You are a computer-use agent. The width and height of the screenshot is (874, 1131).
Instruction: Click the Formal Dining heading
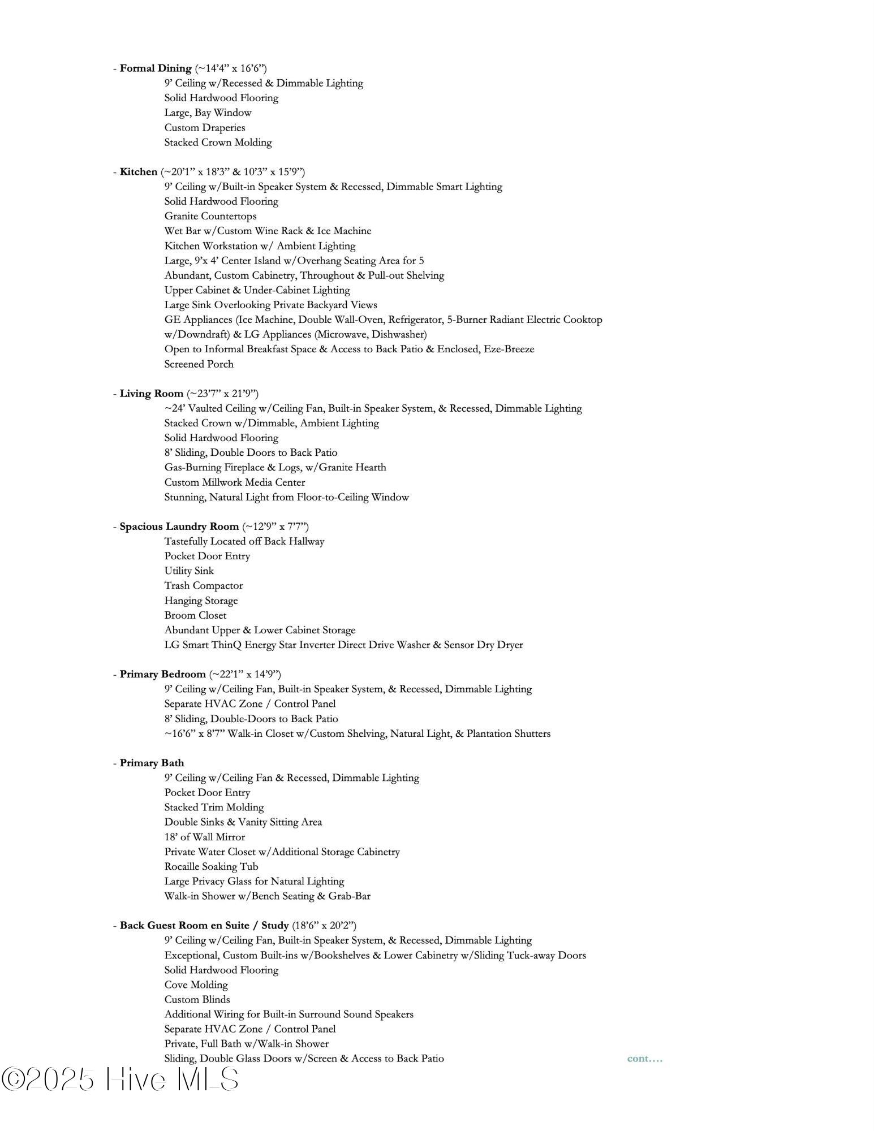(156, 68)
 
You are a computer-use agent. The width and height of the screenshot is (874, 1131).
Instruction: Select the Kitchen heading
(139, 172)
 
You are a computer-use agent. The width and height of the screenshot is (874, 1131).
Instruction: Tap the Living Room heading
(152, 394)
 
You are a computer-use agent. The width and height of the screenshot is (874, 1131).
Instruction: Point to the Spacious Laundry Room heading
(179, 526)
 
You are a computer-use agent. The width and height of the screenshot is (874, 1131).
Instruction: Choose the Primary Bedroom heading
(163, 674)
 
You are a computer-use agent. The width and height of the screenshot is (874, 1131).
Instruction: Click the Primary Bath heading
(152, 763)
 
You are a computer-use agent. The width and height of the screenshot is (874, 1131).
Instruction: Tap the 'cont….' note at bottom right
(644, 1058)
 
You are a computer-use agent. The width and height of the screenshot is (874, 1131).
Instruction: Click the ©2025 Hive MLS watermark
(120, 1079)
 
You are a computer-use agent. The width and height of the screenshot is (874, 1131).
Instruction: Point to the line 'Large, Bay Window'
(208, 113)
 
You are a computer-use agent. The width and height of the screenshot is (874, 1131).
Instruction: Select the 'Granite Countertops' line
(210, 216)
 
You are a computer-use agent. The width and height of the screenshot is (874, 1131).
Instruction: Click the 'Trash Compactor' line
(204, 585)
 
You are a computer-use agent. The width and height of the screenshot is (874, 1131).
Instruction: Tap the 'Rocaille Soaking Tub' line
(211, 866)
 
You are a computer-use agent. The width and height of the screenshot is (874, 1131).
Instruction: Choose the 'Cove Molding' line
(196, 985)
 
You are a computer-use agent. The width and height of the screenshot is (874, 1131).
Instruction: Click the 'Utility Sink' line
(189, 571)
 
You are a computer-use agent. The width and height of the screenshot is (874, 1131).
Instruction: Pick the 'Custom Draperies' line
(205, 128)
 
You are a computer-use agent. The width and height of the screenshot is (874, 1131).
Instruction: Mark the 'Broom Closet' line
(195, 615)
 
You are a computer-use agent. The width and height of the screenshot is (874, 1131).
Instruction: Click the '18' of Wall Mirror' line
(205, 837)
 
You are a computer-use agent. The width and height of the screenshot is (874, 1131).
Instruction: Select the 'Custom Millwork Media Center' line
(234, 482)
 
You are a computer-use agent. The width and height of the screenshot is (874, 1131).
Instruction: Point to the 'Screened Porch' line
(199, 364)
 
